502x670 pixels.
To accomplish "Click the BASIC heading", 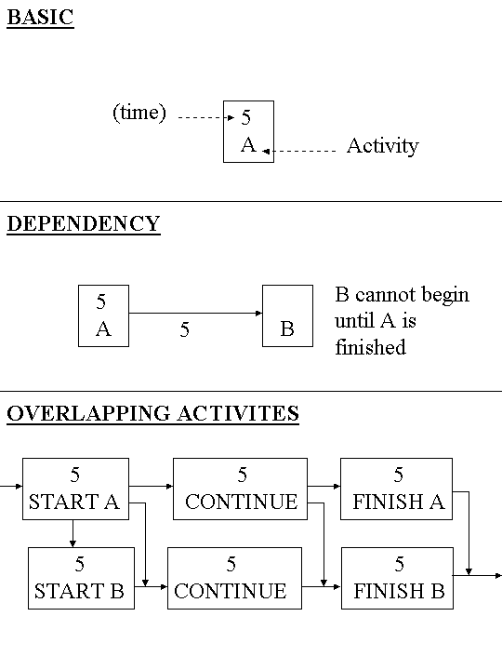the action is click(40, 18).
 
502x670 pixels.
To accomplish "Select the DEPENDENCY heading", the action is click(84, 224).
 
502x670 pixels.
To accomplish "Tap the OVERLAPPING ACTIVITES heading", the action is click(152, 413).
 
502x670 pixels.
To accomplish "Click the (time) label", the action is click(139, 113).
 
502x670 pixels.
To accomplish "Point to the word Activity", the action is click(382, 146).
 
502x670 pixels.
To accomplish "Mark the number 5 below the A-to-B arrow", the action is click(184, 329).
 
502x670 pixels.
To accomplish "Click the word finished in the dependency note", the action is click(371, 347).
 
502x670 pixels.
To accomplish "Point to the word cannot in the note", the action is click(385, 295).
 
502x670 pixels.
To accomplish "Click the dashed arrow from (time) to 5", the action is click(206, 117).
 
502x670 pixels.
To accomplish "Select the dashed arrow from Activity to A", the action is click(298, 151).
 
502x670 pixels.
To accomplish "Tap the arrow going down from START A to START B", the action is click(73, 534).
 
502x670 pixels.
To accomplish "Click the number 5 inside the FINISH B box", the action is click(399, 564).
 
